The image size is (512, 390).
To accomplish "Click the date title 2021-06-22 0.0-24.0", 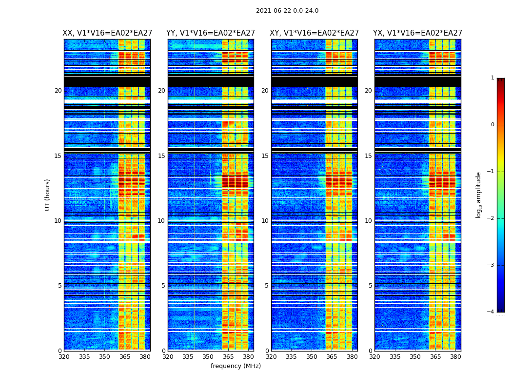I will [287, 11].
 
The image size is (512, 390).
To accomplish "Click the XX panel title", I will [107, 33].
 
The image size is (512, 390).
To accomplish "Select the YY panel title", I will [211, 33].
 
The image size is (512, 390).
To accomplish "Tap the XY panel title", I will [315, 33].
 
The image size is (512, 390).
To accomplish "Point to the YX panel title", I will [418, 33].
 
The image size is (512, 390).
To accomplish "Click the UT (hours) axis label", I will [48, 195].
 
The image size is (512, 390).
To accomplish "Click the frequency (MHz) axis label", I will [236, 366].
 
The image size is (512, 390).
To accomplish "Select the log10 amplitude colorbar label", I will [478, 195].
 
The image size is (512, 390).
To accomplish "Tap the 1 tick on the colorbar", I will [492, 78].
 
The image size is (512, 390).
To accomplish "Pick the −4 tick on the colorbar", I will [491, 312].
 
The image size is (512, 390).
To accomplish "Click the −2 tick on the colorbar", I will [491, 218].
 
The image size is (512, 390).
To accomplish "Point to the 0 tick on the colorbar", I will [492, 125].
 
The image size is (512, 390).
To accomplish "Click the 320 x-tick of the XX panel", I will [64, 357].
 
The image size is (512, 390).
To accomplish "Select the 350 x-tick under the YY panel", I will [208, 357].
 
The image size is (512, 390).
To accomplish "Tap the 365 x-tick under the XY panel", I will [332, 357].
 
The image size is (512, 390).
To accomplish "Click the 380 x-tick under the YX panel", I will [455, 357].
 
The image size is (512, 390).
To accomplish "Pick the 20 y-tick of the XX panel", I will [58, 91].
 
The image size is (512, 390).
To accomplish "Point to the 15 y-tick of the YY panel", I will [161, 156].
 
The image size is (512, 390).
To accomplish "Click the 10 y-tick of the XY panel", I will [265, 221].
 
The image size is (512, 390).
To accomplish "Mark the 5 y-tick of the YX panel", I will [370, 286].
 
